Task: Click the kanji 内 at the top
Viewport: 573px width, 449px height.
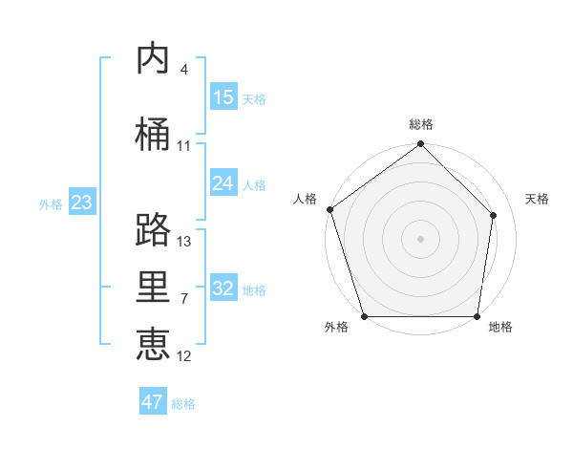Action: (154, 58)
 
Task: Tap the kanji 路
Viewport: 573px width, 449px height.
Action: (154, 229)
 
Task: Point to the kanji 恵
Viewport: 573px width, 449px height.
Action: (154, 345)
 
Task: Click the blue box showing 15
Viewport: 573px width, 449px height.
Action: (223, 97)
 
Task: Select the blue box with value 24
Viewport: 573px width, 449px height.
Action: (223, 183)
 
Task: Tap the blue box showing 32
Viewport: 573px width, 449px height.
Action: (223, 289)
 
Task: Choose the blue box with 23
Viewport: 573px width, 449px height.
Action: (81, 203)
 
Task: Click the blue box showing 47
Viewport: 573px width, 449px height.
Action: (153, 402)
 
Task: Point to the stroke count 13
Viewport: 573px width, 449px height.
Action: (184, 242)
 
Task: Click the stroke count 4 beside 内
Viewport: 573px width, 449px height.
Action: (183, 70)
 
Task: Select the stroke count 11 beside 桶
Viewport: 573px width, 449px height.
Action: (183, 146)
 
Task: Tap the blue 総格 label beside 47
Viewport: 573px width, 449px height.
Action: (183, 404)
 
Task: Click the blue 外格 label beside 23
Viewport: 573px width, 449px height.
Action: (51, 204)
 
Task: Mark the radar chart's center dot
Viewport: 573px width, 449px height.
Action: (420, 239)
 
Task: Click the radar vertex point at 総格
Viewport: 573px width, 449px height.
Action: (420, 144)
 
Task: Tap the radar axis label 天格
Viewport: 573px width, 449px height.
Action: (537, 199)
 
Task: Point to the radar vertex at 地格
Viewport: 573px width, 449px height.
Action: (477, 316)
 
